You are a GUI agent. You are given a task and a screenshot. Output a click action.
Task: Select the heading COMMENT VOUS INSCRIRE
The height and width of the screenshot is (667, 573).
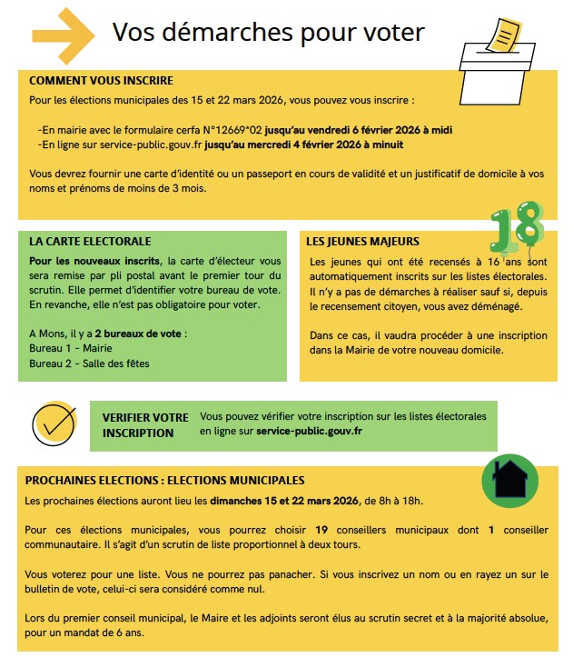tap(101, 81)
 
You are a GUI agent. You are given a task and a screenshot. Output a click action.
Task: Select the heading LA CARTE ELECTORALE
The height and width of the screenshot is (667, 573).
tap(90, 243)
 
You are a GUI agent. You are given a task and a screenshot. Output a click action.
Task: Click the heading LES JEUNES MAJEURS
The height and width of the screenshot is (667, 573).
tap(362, 243)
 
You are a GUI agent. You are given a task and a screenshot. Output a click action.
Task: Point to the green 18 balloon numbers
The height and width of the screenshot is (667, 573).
tap(515, 226)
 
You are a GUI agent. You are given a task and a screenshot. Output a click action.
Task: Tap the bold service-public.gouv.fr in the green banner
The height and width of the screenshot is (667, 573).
tap(309, 431)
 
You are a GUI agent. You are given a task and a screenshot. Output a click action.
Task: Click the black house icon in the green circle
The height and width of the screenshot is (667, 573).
tap(515, 478)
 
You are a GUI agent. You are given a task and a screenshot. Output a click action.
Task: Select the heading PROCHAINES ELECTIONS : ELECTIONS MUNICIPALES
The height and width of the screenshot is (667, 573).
tap(164, 481)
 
